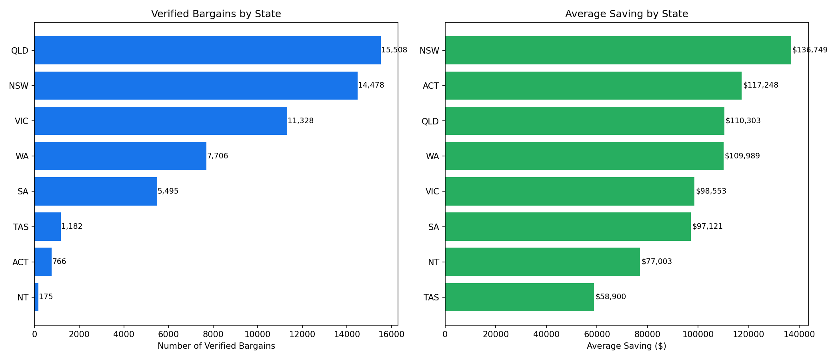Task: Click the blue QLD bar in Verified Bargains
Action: (207, 50)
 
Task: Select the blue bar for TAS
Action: (48, 226)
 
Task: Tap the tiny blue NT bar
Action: (36, 297)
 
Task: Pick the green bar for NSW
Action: (618, 50)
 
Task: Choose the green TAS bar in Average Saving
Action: (519, 297)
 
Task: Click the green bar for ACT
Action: (593, 86)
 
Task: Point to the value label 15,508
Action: (394, 50)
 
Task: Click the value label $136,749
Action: (810, 50)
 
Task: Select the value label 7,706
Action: (218, 156)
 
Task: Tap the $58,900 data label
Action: (610, 297)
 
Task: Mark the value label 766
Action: (59, 262)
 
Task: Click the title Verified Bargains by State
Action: (216, 14)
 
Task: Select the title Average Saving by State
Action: (626, 14)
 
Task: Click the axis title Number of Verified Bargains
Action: (216, 346)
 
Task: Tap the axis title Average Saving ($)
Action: (626, 346)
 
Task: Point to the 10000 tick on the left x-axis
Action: (257, 334)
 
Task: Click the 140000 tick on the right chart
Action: (799, 334)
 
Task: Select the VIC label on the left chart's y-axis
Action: (22, 121)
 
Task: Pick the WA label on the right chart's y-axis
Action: (432, 156)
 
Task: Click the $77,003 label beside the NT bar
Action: (656, 262)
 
